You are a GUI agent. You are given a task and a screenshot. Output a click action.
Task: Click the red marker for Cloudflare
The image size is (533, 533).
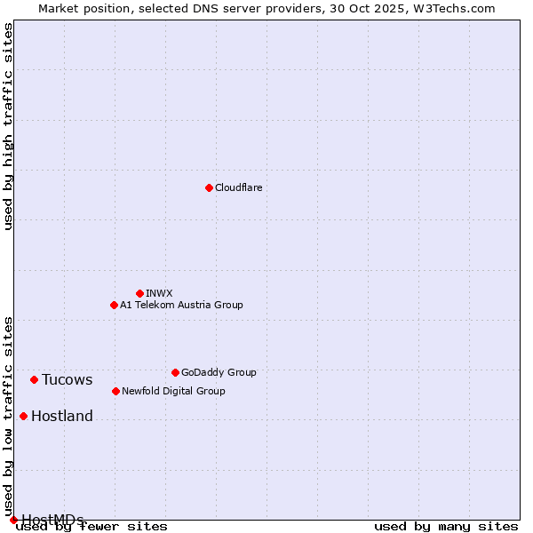209,187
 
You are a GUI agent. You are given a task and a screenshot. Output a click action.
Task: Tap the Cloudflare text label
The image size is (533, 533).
238,187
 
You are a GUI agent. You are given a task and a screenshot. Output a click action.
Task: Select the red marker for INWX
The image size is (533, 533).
139,293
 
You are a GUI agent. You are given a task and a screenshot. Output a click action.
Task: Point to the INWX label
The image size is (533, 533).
159,293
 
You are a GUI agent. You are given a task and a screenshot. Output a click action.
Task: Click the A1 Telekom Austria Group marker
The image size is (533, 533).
114,305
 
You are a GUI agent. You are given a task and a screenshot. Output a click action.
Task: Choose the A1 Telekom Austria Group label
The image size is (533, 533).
181,305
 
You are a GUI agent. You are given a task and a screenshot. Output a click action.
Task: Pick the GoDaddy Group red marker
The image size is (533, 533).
175,372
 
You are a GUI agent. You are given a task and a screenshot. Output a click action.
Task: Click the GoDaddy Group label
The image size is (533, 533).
218,372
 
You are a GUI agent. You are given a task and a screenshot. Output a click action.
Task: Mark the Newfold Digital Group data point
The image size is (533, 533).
115,391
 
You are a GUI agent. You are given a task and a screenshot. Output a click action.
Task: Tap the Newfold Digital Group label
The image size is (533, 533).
173,391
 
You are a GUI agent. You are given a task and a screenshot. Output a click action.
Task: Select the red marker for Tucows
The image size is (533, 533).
34,379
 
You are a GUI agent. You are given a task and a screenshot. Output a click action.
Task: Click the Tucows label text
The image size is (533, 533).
67,380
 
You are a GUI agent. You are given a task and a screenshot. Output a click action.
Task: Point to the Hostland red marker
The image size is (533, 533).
23,416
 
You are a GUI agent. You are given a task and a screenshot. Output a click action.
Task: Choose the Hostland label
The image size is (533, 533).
61,417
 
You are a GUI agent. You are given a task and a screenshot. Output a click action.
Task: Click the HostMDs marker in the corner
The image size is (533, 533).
13,520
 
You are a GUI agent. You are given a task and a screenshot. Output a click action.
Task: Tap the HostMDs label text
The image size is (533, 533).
52,520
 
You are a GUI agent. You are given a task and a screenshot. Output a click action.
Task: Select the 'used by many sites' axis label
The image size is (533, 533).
446,526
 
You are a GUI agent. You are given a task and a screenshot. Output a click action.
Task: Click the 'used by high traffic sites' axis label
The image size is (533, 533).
8,126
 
